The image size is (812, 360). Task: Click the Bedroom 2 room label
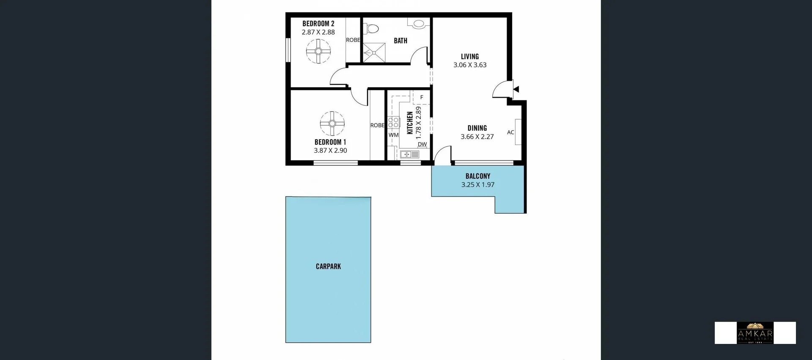pyautogui.click(x=318, y=24)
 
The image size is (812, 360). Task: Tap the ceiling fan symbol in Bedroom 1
pyautogui.click(x=332, y=124)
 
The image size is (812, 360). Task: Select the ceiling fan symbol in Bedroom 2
pyautogui.click(x=318, y=51)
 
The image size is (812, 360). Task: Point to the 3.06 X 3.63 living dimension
pyautogui.click(x=470, y=65)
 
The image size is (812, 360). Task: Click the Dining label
pyautogui.click(x=477, y=128)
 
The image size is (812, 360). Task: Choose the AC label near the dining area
pyautogui.click(x=510, y=132)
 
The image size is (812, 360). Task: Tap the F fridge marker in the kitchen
pyautogui.click(x=422, y=97)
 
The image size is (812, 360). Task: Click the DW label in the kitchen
pyautogui.click(x=422, y=144)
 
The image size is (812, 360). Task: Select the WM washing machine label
pyautogui.click(x=393, y=135)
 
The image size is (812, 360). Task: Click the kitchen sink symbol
pyautogui.click(x=409, y=155)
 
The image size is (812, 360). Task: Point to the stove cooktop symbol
pyautogui.click(x=394, y=123)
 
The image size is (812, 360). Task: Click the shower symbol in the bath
pyautogui.click(x=374, y=53)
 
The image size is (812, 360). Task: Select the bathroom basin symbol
pyautogui.click(x=418, y=23)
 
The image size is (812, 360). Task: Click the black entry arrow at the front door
pyautogui.click(x=516, y=89)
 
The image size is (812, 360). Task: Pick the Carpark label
pyautogui.click(x=328, y=267)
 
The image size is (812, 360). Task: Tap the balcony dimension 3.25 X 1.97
pyautogui.click(x=478, y=185)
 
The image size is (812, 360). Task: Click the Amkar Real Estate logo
pyautogui.click(x=755, y=333)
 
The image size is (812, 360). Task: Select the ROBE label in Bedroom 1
pyautogui.click(x=377, y=125)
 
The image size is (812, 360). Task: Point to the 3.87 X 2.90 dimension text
pyautogui.click(x=330, y=151)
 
